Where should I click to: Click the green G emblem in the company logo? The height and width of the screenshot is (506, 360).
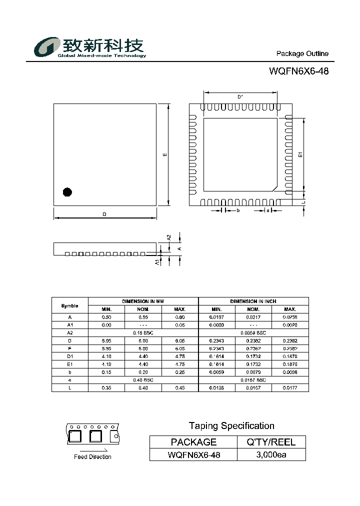46,47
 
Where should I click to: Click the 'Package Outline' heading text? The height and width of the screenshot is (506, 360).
302,53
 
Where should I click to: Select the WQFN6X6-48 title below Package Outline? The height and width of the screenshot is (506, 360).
298,71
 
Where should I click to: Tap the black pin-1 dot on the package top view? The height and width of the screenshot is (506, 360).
67,191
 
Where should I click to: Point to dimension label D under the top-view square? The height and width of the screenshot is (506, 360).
104,214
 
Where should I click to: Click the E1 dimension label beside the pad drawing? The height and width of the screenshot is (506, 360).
300,154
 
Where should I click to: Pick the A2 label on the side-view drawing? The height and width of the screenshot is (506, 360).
169,237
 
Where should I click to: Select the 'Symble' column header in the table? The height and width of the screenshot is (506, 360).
69,305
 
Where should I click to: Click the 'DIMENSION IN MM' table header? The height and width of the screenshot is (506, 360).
143,301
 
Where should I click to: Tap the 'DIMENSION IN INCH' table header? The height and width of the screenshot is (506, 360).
253,301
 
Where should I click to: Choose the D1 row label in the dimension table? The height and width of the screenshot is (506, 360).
69,356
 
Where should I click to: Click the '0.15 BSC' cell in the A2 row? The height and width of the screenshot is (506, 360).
143,332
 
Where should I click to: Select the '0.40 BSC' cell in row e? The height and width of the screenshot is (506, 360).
143,380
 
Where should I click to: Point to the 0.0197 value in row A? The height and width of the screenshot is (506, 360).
216,317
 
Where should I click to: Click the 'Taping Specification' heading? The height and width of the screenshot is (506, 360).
231,426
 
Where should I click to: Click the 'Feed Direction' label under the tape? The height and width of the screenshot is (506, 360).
92,456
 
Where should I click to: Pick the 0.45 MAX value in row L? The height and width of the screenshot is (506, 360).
180,388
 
